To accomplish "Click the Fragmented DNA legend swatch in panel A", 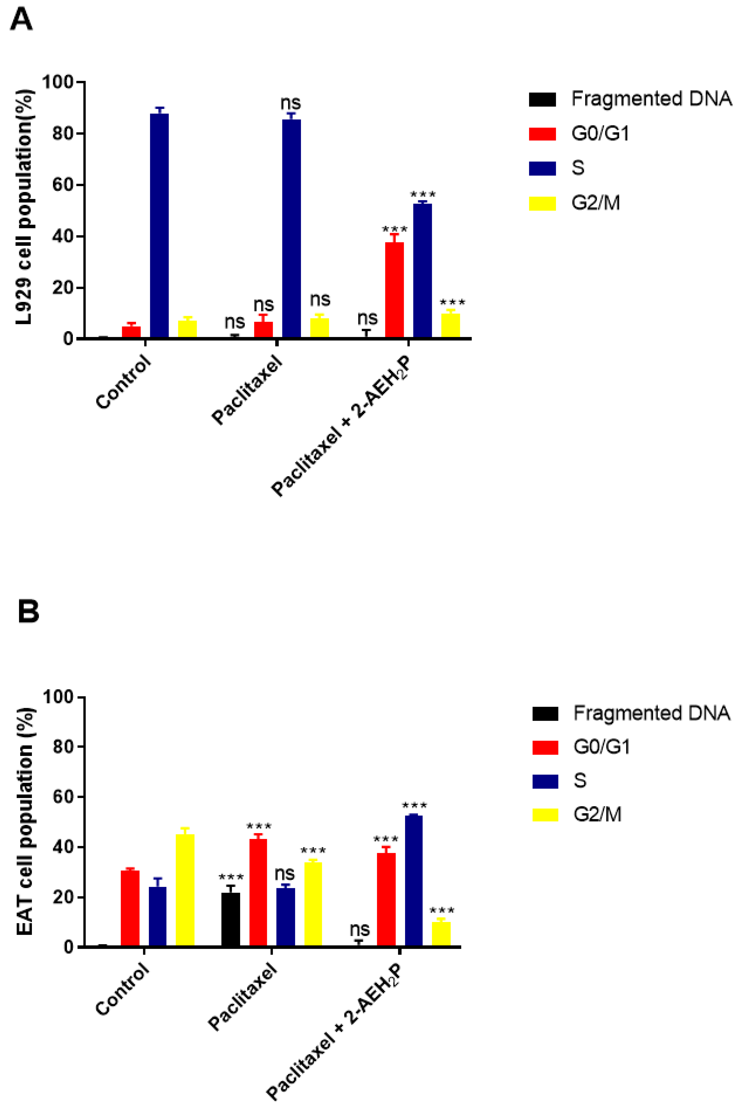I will point(542,99).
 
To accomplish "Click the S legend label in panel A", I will point(578,168).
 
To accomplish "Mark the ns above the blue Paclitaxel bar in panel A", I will point(291,103).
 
